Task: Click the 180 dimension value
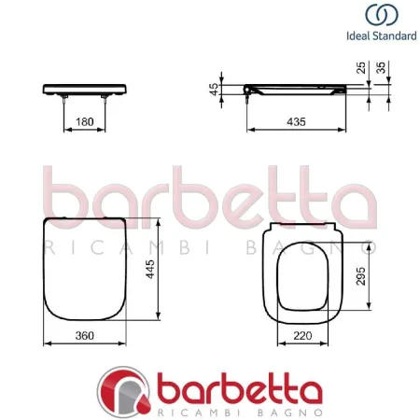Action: click(85, 122)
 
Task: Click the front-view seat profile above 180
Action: click(85, 90)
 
